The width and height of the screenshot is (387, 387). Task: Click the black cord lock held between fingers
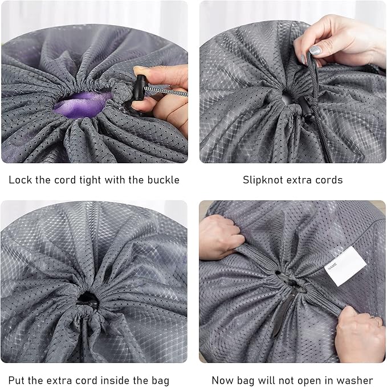coord(140,87)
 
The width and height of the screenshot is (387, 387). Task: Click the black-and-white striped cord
coord(166,91)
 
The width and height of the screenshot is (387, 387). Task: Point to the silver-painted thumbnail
coord(315,50)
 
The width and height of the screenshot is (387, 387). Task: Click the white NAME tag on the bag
coord(345,267)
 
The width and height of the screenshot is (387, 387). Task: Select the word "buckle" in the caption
coord(164,180)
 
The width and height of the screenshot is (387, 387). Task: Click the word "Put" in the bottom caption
coord(17,380)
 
